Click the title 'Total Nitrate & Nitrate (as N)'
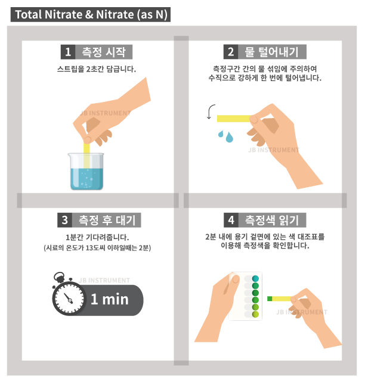[91, 14]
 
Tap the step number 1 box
[68, 52]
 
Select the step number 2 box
[231, 52]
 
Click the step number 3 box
[64, 220]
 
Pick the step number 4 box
[231, 220]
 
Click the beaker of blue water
[86, 171]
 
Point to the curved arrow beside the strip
[211, 111]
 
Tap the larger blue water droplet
[229, 137]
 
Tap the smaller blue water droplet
[221, 134]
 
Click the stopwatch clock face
[70, 299]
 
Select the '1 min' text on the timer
[110, 299]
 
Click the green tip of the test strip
[270, 299]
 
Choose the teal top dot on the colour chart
[255, 278]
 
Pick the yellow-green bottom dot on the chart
[255, 314]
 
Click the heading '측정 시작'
[104, 52]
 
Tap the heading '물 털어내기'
[271, 52]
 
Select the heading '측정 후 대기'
[107, 220]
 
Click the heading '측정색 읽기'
[272, 220]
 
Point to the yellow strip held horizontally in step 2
[234, 119]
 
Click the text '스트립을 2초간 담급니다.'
[97, 69]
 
